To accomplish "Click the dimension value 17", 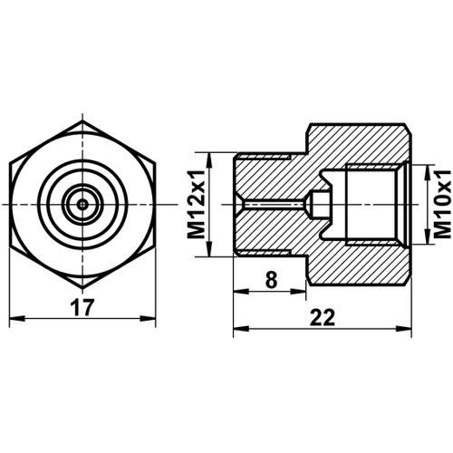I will click(83, 307).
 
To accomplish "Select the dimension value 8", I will click(271, 280).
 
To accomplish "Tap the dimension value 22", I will click(323, 316).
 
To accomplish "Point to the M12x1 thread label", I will click(197, 207).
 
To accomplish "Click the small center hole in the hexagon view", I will click(82, 205).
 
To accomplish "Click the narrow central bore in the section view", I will click(272, 205).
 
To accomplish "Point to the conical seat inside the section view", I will click(315, 205).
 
